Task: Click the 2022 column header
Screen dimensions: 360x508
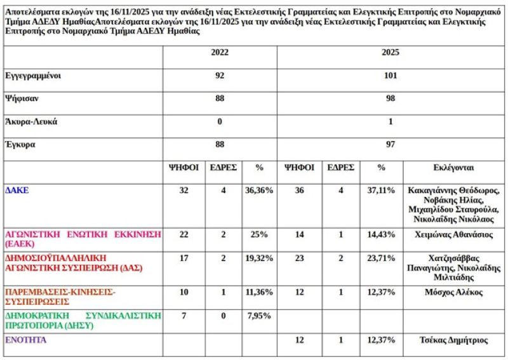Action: [220, 53]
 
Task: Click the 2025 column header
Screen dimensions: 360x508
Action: [391, 53]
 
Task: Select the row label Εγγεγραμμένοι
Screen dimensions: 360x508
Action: [32, 76]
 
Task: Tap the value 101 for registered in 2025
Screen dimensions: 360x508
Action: [391, 76]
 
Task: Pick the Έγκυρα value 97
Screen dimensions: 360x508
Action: [391, 145]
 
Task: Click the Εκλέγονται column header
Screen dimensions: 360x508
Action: [454, 168]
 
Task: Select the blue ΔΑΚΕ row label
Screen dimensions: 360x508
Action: [16, 190]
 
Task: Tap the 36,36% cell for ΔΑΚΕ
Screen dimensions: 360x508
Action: [259, 190]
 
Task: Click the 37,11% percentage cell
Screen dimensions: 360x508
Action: [382, 190]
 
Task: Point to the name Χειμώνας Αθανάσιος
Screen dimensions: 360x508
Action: [454, 234]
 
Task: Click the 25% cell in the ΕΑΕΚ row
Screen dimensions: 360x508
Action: [259, 234]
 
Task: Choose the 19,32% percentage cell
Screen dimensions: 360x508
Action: [259, 258]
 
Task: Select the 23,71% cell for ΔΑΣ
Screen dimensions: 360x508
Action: [382, 258]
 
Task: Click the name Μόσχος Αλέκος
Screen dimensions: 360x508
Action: [454, 292]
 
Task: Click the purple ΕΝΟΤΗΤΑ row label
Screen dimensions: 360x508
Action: [25, 340]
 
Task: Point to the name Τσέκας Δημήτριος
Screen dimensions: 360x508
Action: [454, 340]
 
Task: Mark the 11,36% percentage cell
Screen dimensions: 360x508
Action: [259, 292]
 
